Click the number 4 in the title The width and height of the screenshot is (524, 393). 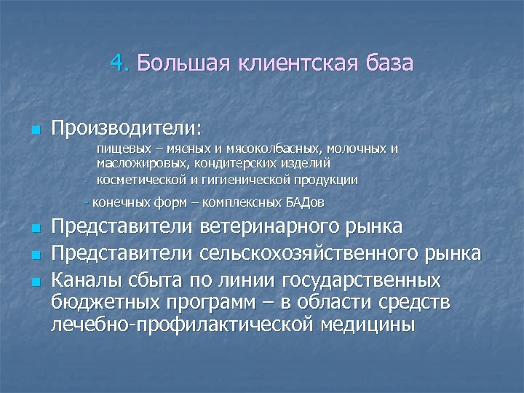click(x=118, y=63)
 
